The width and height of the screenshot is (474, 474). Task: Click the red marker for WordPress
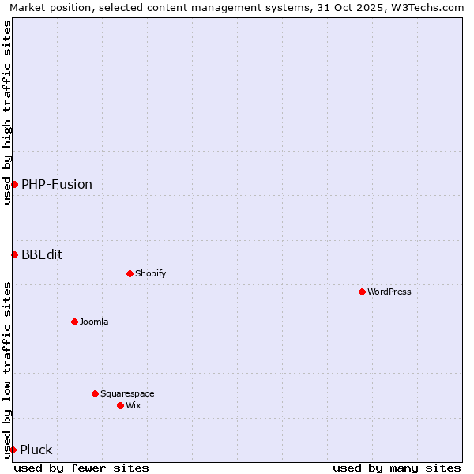tap(362, 292)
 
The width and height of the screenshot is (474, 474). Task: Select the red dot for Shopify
tap(130, 273)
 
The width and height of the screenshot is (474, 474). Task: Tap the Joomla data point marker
tap(74, 322)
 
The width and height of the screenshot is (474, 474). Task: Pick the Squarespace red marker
tap(95, 393)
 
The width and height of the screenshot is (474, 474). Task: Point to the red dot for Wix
tap(120, 405)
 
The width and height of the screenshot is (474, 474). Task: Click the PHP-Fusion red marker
tap(14, 184)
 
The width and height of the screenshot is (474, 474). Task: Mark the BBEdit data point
tap(14, 254)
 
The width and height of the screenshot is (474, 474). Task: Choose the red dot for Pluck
tap(13, 450)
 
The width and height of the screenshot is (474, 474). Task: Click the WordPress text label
tap(389, 292)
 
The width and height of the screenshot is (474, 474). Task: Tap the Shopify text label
tap(151, 273)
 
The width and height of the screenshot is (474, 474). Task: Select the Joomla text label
tap(94, 322)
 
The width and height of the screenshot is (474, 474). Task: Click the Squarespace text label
tap(127, 393)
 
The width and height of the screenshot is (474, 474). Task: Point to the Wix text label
tap(134, 405)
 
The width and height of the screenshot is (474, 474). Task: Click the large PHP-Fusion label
tap(57, 184)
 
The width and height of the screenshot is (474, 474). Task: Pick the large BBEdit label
tap(42, 254)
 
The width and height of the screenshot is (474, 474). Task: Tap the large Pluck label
tap(36, 450)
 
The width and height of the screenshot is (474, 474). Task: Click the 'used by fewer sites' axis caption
tap(81, 468)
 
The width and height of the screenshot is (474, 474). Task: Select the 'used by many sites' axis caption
tap(397, 468)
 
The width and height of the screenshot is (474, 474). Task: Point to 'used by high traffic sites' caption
tap(7, 112)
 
